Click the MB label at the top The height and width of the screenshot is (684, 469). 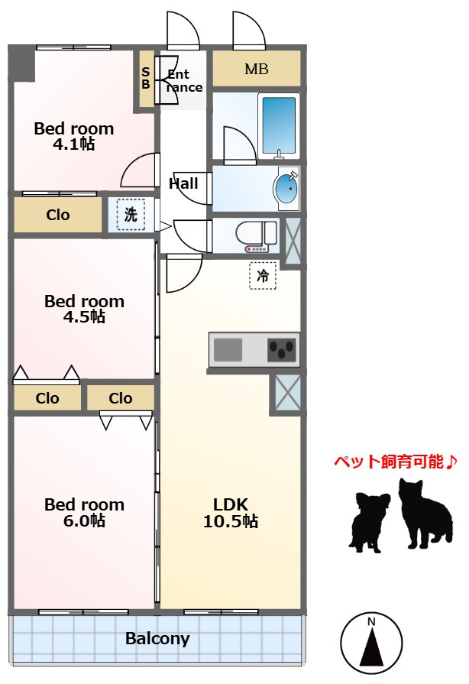click(x=257, y=69)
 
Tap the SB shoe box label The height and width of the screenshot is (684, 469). click(x=146, y=78)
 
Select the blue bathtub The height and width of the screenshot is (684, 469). click(x=279, y=125)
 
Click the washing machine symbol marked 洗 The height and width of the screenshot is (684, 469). click(x=131, y=214)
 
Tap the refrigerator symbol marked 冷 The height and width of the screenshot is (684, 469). click(x=263, y=276)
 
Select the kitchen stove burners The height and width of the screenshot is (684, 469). click(x=282, y=350)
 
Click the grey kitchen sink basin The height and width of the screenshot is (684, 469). click(x=228, y=350)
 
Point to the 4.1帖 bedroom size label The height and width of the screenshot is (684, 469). click(x=73, y=144)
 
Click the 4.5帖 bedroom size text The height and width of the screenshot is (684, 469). click(x=84, y=316)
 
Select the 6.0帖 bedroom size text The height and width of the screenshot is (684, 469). click(x=84, y=520)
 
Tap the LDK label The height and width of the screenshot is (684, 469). click(x=231, y=504)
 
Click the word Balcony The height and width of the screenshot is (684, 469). click(x=158, y=639)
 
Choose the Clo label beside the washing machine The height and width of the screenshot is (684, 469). click(x=58, y=215)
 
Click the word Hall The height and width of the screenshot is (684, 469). click(x=183, y=183)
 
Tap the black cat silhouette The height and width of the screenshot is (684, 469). click(x=425, y=514)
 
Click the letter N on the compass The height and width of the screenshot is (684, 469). click(x=371, y=621)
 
